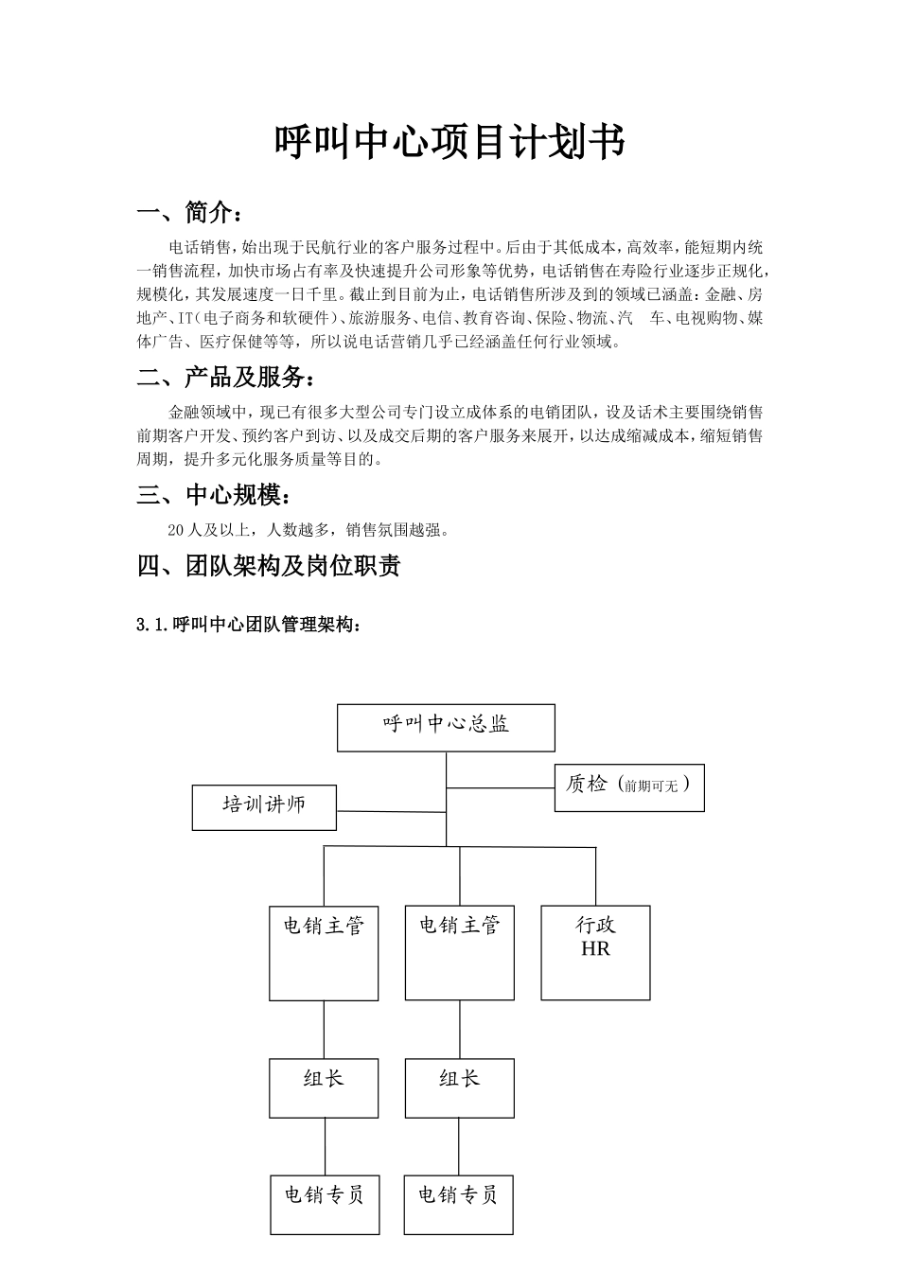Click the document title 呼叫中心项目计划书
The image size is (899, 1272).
(x=449, y=143)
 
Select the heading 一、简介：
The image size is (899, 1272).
(x=195, y=212)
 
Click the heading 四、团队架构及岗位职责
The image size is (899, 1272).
(x=269, y=566)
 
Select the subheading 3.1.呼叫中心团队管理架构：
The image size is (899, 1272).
(x=249, y=625)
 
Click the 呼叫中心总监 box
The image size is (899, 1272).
(x=446, y=727)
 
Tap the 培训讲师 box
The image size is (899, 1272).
(x=264, y=806)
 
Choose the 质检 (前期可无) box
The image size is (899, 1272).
(x=629, y=787)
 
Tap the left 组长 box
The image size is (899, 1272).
(x=324, y=1087)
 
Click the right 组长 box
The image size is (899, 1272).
(x=460, y=1087)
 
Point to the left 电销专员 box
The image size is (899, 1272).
(x=325, y=1204)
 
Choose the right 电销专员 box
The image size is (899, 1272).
(x=458, y=1204)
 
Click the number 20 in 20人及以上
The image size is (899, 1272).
(x=175, y=530)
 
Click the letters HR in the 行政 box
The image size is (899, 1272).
(x=595, y=948)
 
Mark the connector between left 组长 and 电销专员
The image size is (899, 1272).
(x=325, y=1146)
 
